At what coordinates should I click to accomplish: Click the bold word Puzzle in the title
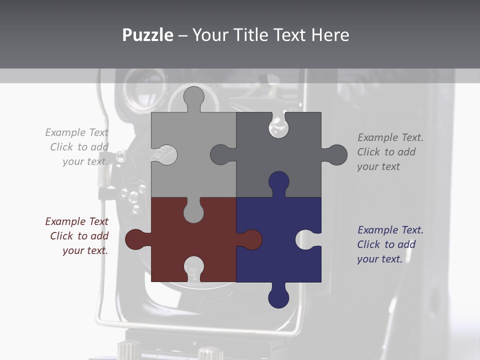147,35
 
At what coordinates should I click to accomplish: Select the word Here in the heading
330,35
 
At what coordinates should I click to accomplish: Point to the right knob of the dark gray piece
336,155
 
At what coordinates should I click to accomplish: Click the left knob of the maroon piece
135,239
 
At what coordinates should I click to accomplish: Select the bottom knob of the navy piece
278,297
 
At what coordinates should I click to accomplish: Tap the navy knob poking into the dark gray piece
278,182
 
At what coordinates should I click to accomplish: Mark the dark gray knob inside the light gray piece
220,155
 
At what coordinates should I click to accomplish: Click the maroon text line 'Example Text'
76,221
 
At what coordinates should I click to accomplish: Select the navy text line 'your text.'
379,259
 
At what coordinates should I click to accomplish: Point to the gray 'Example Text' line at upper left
76,132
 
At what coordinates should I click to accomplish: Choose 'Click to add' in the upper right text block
386,152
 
